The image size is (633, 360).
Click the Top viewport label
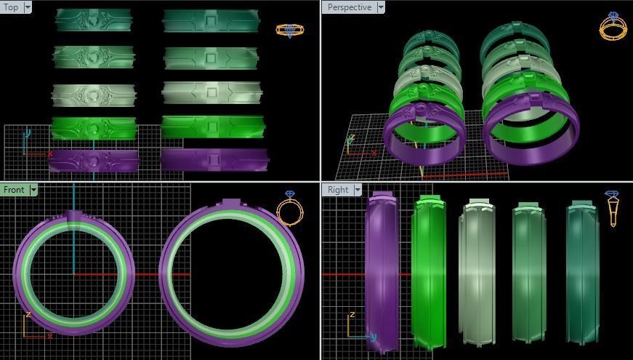point(12,7)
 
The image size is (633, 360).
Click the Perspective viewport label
point(349,7)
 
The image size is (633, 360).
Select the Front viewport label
point(14,190)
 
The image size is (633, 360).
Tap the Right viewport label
point(338,190)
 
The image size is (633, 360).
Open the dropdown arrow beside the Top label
point(28,7)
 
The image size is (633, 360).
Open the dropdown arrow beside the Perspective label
point(380,7)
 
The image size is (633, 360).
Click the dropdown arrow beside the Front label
point(33,190)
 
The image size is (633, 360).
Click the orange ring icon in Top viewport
point(289,31)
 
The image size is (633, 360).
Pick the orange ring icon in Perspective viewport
point(612,26)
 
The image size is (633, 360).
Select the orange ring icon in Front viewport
point(290,209)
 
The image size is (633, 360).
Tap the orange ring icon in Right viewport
point(612,209)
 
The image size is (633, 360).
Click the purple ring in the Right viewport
point(382,273)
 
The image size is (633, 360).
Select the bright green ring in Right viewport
point(428,273)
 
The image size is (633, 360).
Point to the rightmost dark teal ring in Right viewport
point(582,273)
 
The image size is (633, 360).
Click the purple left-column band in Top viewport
point(93,160)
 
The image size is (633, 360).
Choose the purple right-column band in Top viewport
point(214,159)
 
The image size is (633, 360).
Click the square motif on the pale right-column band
point(211,92)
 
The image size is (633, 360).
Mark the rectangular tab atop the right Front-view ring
point(231,203)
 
